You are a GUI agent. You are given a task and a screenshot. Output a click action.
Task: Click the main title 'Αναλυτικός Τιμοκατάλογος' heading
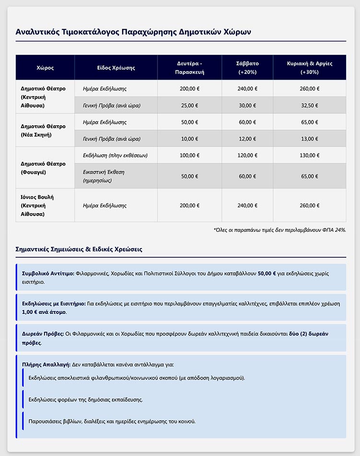pos(133,32)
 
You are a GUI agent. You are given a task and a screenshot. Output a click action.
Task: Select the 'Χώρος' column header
pos(45,68)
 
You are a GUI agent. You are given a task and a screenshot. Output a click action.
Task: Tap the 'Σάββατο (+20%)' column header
pos(248,68)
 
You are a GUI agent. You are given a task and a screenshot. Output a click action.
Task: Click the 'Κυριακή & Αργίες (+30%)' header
pos(309,68)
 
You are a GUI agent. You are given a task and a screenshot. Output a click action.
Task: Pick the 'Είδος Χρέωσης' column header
pos(116,68)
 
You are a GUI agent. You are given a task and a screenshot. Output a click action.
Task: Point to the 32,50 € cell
pos(309,105)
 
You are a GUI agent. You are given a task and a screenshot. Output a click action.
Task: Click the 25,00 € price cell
pos(190,105)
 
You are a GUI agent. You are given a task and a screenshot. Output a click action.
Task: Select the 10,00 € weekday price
pos(190,139)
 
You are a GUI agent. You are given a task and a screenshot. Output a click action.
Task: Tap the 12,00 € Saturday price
pos(248,139)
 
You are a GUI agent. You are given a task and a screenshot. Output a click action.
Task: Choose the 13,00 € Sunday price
pos(309,139)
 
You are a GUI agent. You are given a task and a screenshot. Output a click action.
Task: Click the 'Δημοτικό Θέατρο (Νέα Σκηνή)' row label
pos(43,130)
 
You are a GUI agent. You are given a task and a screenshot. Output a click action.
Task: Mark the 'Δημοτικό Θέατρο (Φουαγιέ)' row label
pos(43,168)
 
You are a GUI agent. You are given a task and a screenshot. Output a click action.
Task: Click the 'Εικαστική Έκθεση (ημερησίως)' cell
pos(104,176)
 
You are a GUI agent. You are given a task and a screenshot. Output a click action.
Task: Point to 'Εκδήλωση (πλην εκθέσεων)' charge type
pos(115,156)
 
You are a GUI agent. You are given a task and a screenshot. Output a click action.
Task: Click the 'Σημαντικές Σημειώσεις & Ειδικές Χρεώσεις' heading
pos(79,250)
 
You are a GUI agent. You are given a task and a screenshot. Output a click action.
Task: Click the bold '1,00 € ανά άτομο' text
pos(45,312)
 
